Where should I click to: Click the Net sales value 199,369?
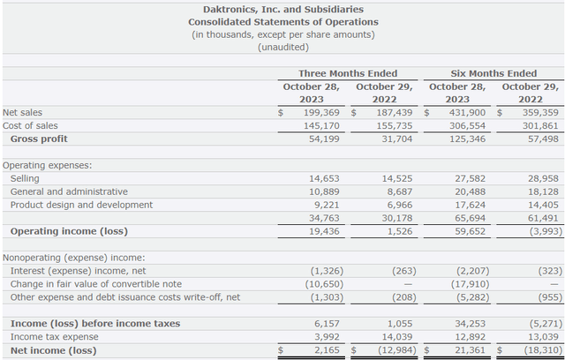click(x=321, y=113)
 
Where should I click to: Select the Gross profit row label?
click(x=39, y=139)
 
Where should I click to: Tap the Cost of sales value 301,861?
click(x=540, y=125)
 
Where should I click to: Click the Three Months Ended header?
click(x=348, y=73)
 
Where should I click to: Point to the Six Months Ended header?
click(x=493, y=73)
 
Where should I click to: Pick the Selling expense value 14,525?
click(x=397, y=178)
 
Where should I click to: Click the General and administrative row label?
click(x=69, y=191)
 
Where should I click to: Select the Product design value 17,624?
click(x=470, y=205)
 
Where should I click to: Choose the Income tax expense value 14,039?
click(x=397, y=337)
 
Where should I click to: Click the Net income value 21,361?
click(x=470, y=350)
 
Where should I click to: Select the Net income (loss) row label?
click(x=53, y=350)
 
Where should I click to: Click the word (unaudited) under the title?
click(x=283, y=47)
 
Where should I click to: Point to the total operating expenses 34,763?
click(x=324, y=218)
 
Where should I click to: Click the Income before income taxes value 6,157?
click(x=327, y=324)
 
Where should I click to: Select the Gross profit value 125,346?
click(x=467, y=139)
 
